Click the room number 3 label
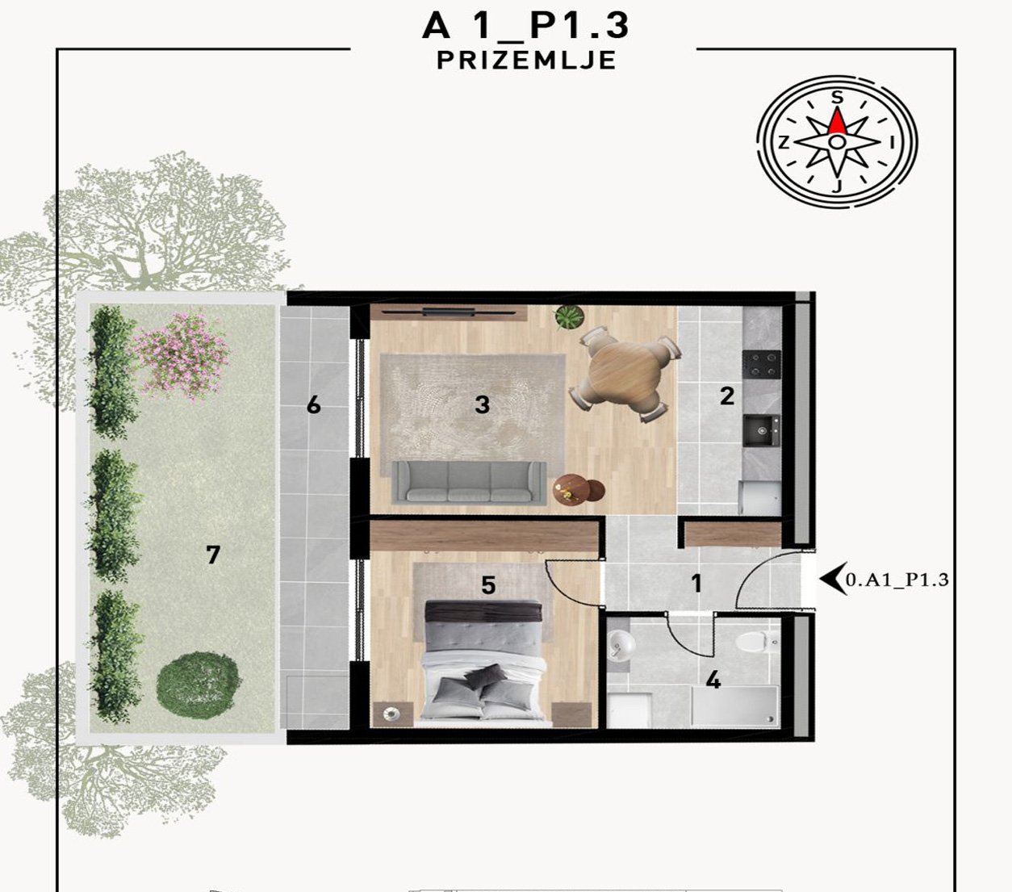click(x=482, y=404)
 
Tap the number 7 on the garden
click(x=213, y=555)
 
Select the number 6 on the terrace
click(x=313, y=405)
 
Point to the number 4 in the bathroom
click(x=713, y=680)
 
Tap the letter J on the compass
click(x=837, y=186)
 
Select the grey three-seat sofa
click(x=470, y=482)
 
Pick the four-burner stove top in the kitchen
click(x=762, y=364)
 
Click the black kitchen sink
click(x=762, y=430)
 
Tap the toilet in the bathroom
click(x=757, y=642)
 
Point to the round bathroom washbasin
click(x=621, y=645)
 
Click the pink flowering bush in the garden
click(x=183, y=356)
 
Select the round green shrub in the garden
click(x=199, y=685)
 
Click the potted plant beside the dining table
click(x=569, y=316)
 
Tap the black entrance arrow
click(x=832, y=579)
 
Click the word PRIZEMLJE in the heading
click(x=526, y=61)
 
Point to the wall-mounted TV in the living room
click(x=449, y=312)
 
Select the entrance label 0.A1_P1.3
click(x=897, y=580)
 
